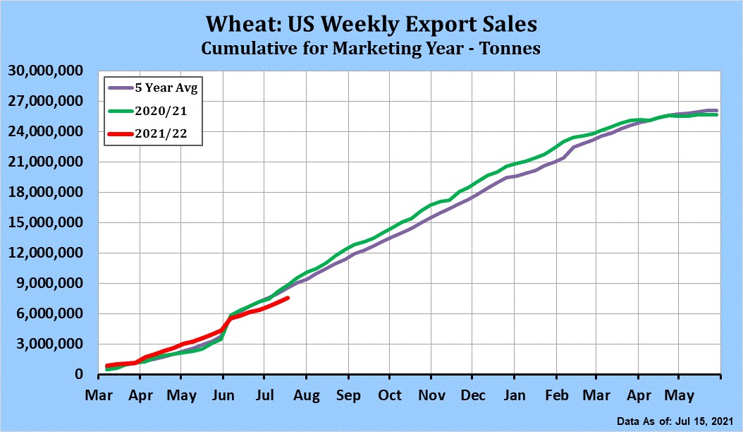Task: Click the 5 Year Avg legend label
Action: [x=166, y=88]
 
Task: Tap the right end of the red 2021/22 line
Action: [x=288, y=298]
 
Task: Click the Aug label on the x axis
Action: [x=307, y=395]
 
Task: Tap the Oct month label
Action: [x=390, y=395]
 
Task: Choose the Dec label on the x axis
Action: [x=473, y=395]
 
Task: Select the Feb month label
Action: [x=556, y=395]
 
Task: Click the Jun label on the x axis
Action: [x=223, y=395]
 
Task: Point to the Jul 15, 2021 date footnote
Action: [x=705, y=421]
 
